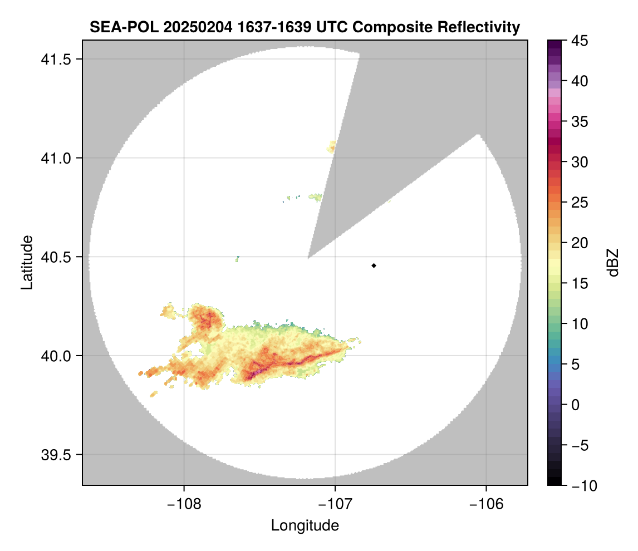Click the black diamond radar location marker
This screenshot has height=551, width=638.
pos(374,265)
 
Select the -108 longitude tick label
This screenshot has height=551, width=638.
pos(183,504)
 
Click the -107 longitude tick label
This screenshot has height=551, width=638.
pos(335,504)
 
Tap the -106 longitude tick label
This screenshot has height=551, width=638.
pos(486,504)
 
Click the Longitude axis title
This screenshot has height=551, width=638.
pos(305,525)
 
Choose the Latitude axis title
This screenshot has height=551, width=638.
pos(27,262)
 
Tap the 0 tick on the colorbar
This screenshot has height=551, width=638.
pos(575,405)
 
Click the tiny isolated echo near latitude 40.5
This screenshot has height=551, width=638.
pos(238,258)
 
